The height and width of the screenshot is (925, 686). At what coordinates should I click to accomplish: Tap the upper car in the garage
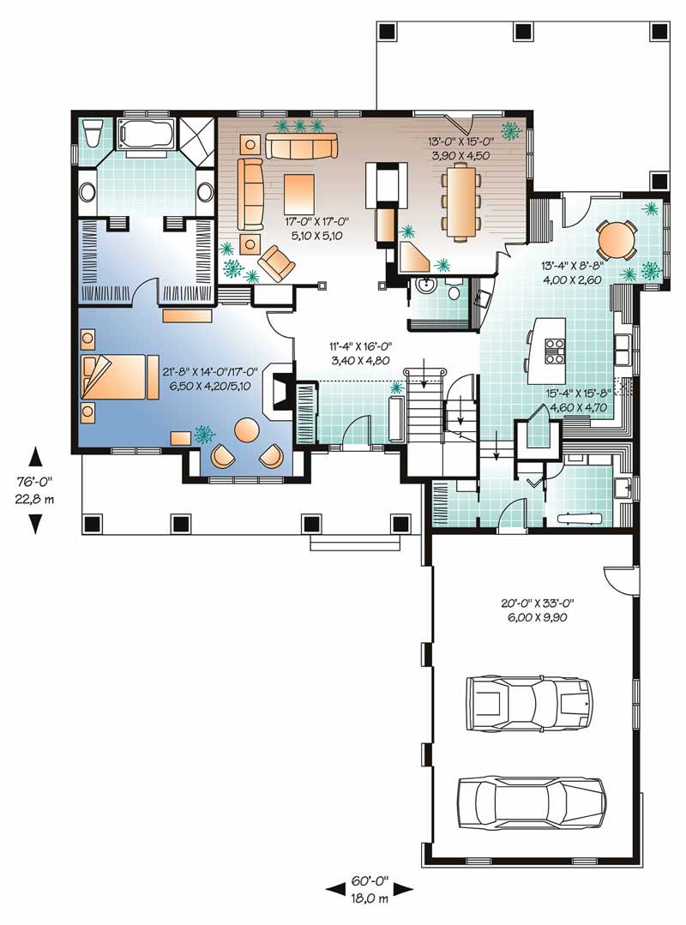(x=529, y=703)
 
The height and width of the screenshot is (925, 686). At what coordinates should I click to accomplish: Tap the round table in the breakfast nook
(x=615, y=240)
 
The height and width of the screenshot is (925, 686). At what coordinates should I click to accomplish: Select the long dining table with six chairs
(x=460, y=201)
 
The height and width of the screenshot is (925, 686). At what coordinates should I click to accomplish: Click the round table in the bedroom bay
(x=247, y=429)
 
